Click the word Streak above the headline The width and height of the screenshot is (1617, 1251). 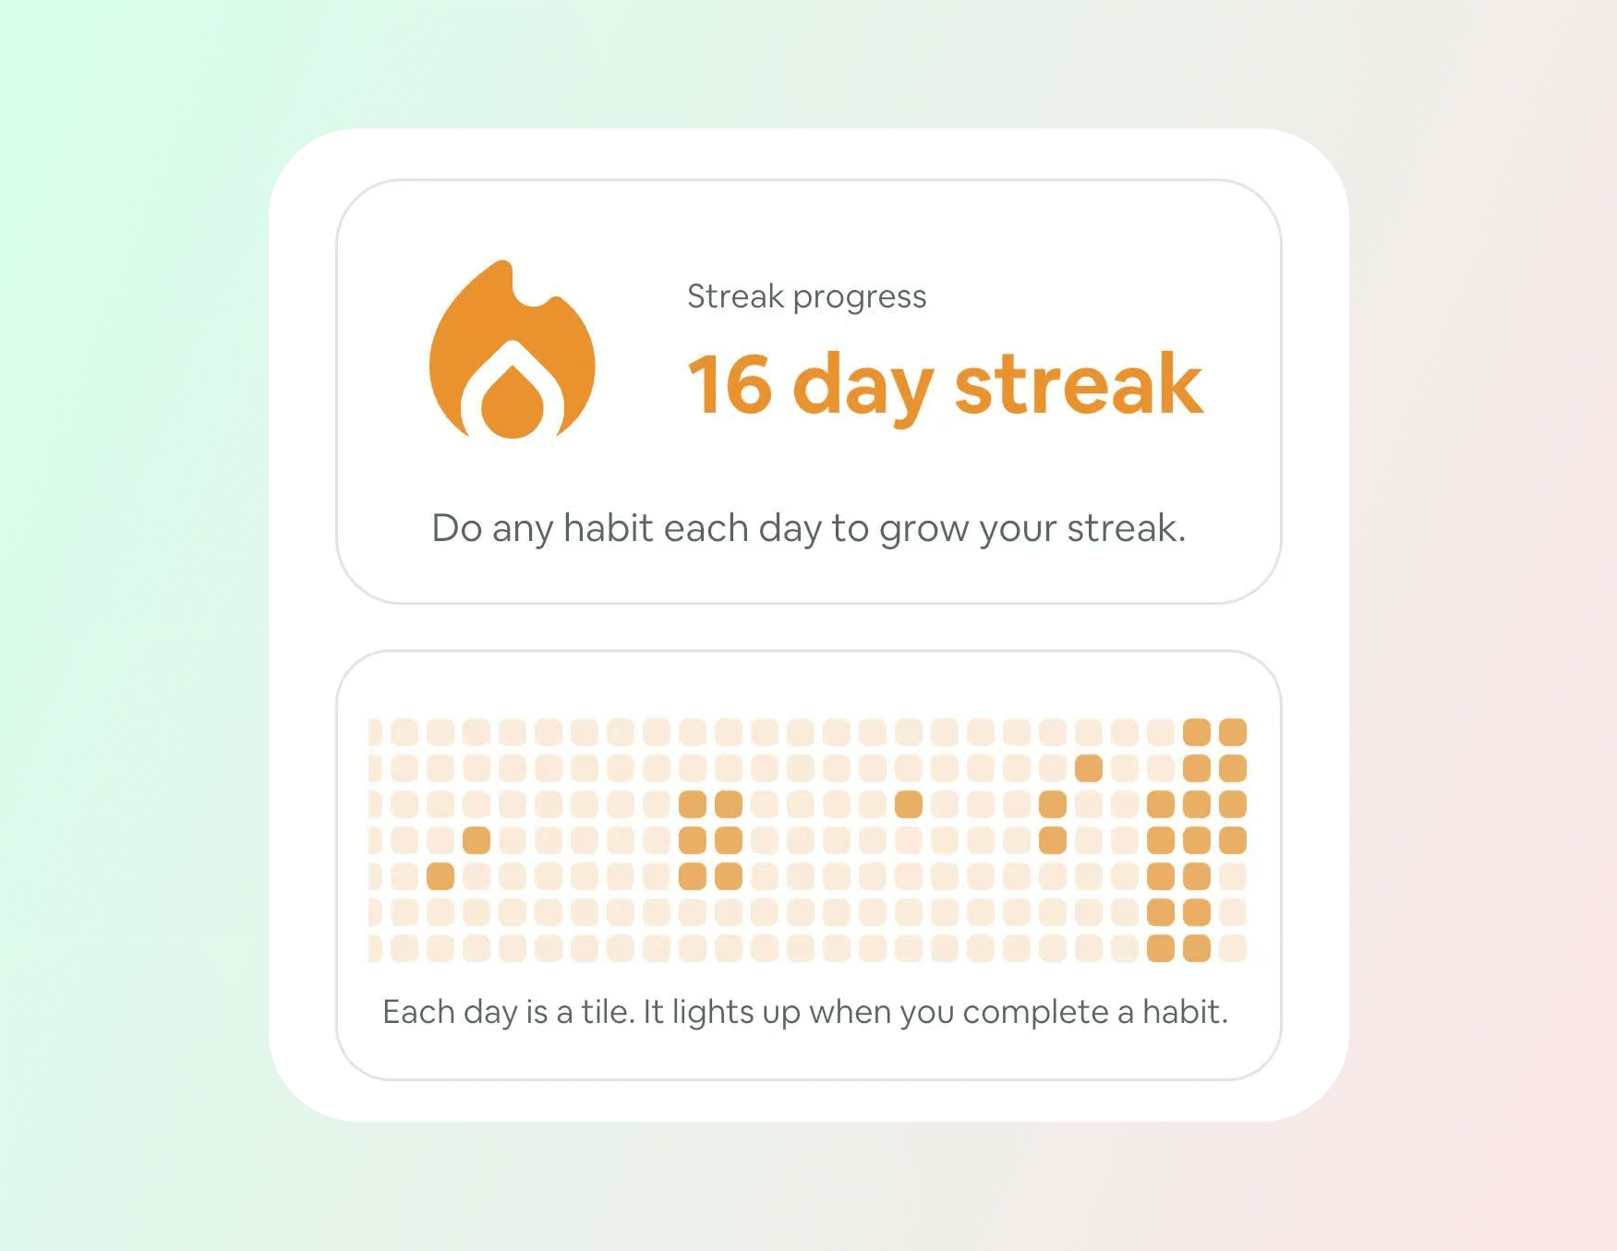pos(735,296)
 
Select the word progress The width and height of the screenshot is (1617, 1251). pos(860,298)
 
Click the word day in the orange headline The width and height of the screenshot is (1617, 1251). pos(863,388)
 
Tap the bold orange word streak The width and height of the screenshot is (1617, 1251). pos(1079,383)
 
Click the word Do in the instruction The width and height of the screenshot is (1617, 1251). pos(457,528)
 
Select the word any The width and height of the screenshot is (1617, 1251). pos(523,531)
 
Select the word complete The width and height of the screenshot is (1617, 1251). pos(1035,1015)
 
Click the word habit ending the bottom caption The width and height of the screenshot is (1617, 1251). pos(1186,1012)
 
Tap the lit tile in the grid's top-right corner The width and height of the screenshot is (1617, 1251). pos(1233,732)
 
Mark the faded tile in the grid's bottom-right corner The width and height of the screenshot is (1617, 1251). pos(1233,948)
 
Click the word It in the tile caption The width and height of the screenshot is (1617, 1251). pos(654,1012)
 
